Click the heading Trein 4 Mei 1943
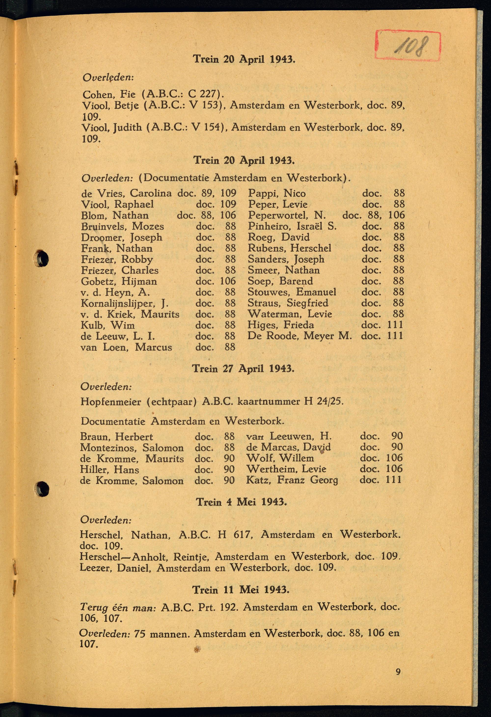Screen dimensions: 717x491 tap(242, 502)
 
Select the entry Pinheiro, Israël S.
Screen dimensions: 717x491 tap(292, 226)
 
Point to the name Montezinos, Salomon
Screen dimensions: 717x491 tap(132, 448)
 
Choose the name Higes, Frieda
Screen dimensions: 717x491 tap(281, 325)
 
